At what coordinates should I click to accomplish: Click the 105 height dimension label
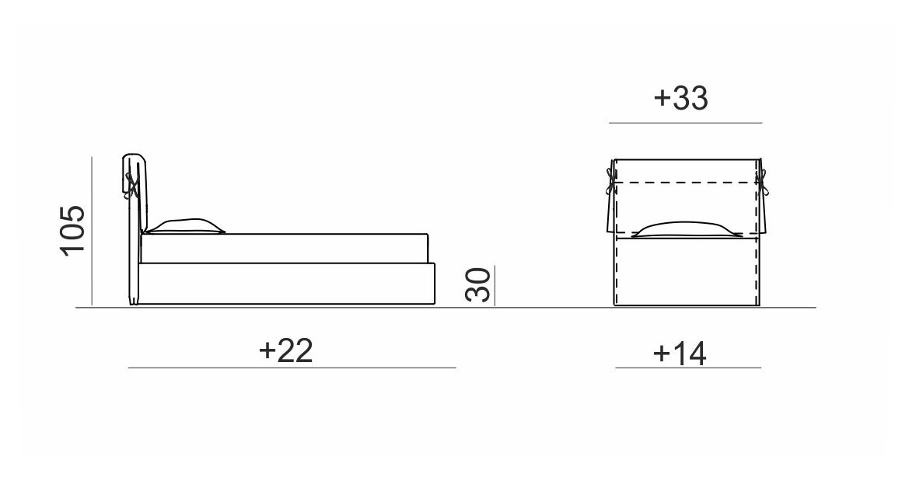tap(73, 229)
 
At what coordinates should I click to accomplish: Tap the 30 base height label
tap(478, 284)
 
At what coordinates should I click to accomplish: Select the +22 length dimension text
tap(286, 350)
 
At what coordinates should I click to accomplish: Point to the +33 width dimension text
tap(680, 98)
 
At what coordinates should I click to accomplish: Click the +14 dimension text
tap(680, 353)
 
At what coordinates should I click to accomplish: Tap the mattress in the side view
tap(285, 249)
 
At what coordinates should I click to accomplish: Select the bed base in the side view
tap(286, 284)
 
